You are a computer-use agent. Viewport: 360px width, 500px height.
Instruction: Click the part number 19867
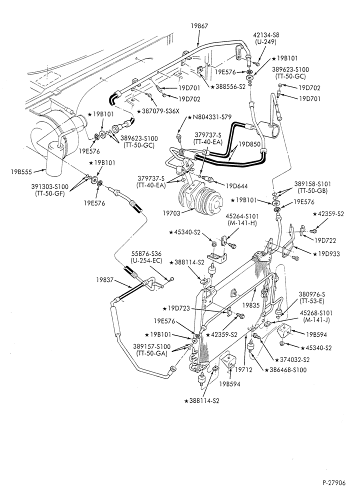(x=199, y=26)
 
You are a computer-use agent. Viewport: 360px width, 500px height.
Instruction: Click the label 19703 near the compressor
(x=172, y=213)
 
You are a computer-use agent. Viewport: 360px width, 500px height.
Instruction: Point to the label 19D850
(x=250, y=144)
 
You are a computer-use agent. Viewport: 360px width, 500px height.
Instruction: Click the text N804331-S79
(x=211, y=117)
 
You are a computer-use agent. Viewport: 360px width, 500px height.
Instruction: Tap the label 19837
(x=105, y=279)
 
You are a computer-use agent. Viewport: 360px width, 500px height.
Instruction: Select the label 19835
(x=251, y=305)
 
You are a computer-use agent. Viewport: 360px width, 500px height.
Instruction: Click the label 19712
(x=243, y=369)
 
